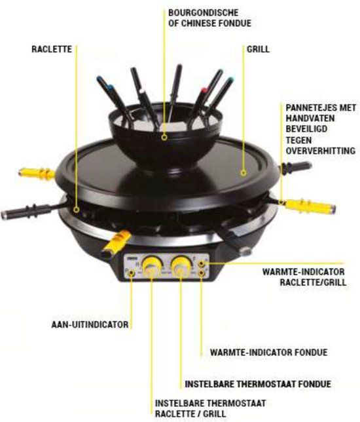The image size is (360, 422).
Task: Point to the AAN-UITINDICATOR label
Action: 90,324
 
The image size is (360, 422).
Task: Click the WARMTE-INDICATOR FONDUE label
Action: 268,352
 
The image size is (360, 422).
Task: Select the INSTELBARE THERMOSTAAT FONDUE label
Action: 258,383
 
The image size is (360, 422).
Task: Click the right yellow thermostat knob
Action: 181,265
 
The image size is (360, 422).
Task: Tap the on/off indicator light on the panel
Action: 132,271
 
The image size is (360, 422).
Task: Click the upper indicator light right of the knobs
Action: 202,262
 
